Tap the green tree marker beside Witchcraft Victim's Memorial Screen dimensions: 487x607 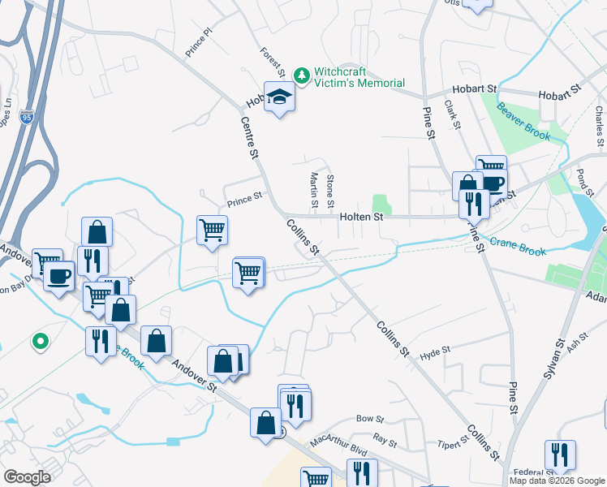[x=302, y=75]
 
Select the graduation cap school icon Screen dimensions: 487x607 [x=279, y=98]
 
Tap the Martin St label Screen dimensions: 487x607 [x=313, y=188]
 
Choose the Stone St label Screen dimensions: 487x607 [x=329, y=189]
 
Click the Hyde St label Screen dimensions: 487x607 [x=435, y=354]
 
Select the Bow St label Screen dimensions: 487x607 [x=369, y=419]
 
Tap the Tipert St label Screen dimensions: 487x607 [x=453, y=443]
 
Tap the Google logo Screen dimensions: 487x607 [x=27, y=477]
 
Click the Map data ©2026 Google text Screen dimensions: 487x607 [x=557, y=481]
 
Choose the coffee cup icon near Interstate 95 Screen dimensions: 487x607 [x=58, y=277]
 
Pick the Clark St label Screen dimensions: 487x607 [x=452, y=115]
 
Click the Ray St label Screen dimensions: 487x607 [x=385, y=442]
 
